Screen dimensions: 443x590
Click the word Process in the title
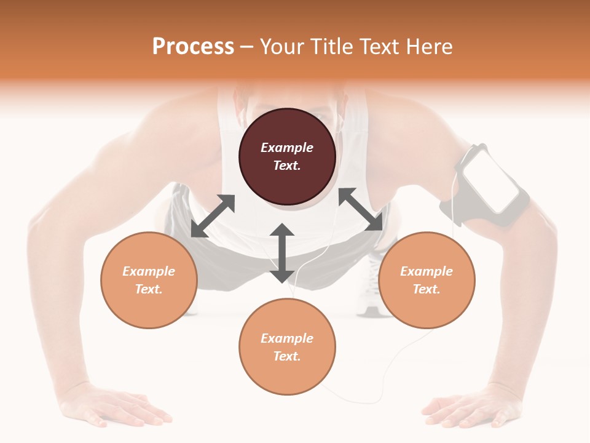[x=193, y=47]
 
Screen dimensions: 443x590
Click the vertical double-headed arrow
[x=282, y=253]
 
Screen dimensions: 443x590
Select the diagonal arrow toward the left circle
[x=213, y=216]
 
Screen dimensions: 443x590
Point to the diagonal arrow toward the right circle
[x=361, y=209]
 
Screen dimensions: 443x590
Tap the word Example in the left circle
[x=149, y=271]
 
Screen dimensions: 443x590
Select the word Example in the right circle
[x=427, y=271]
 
